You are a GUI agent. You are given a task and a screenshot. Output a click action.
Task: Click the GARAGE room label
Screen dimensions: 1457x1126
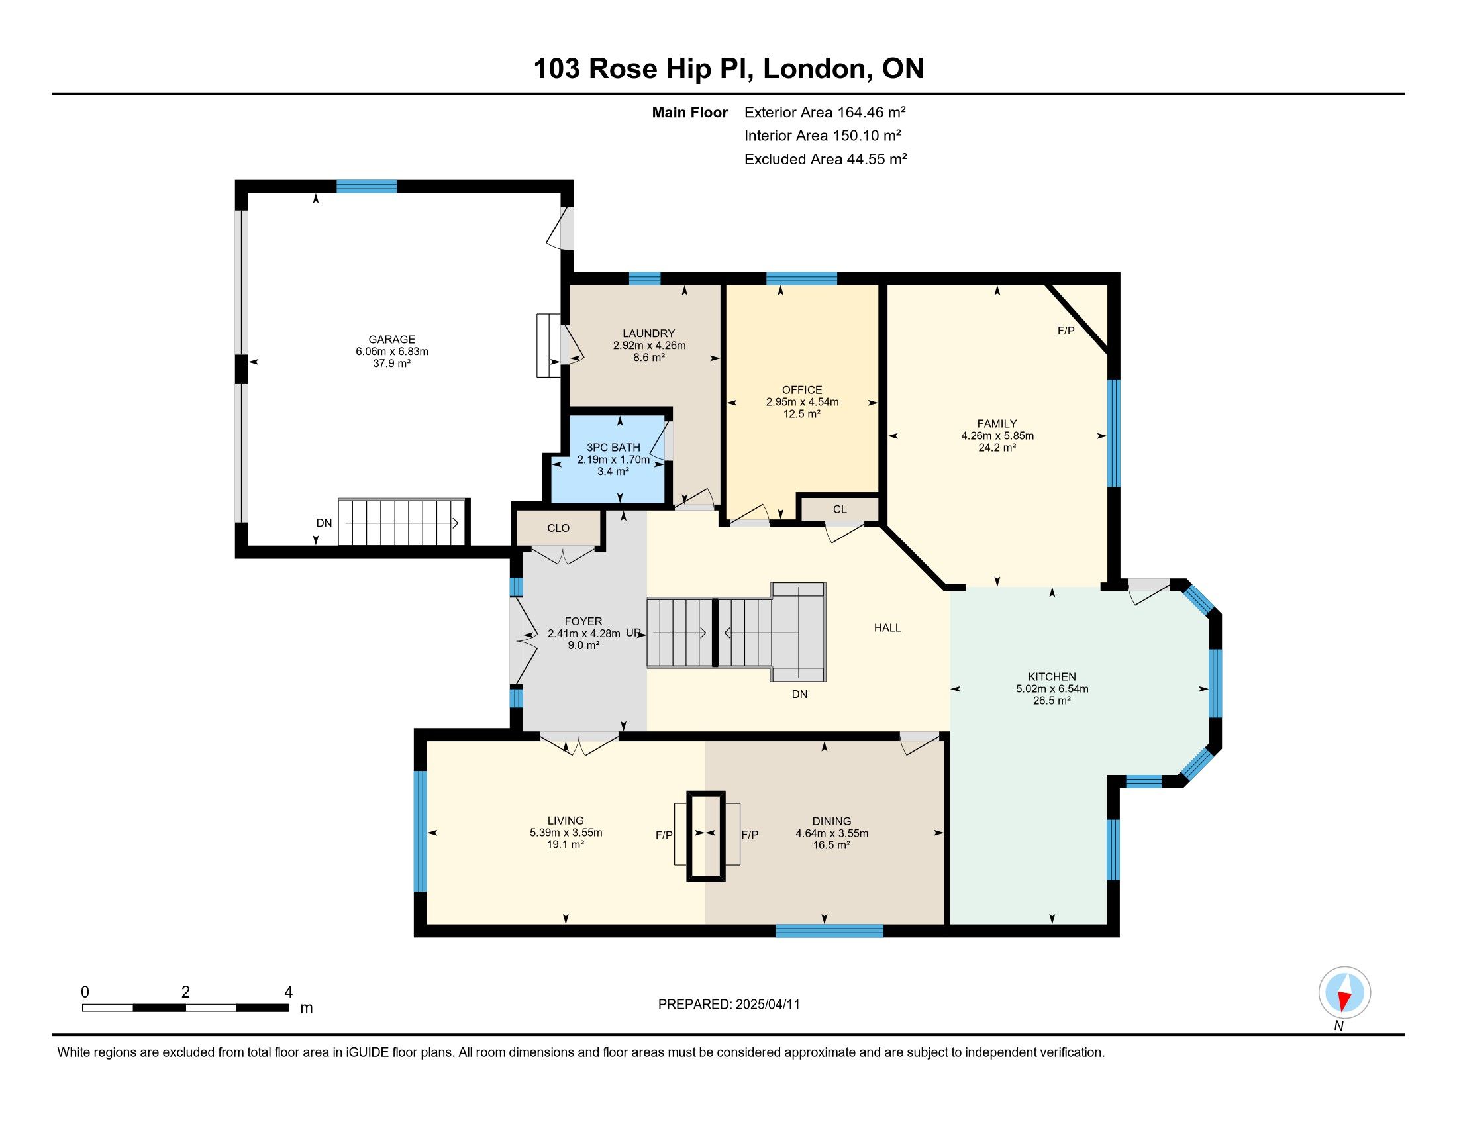point(391,340)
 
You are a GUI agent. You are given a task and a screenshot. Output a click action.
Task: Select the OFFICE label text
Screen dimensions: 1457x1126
point(802,390)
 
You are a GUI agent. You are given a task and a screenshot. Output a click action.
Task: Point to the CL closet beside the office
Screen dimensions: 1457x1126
point(839,509)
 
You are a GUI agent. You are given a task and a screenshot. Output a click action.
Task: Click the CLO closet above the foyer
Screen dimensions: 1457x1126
point(558,529)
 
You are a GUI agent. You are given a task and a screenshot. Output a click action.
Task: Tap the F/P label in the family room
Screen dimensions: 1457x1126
point(1066,331)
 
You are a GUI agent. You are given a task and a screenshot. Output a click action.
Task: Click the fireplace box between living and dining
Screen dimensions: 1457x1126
point(707,837)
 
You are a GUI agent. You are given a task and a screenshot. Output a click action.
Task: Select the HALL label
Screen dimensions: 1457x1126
point(887,628)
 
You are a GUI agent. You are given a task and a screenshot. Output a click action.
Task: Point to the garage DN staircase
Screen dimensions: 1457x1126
point(401,523)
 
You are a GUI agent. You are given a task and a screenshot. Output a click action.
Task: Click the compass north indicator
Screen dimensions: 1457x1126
point(1344,993)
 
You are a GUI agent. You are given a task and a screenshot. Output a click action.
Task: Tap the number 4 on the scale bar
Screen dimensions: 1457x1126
point(288,992)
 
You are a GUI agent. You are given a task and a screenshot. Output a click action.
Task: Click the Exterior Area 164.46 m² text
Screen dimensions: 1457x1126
point(825,112)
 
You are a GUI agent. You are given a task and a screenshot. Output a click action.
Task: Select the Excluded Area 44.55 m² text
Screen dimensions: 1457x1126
point(825,159)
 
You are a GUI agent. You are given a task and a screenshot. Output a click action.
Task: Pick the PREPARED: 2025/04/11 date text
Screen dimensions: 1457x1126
point(728,1005)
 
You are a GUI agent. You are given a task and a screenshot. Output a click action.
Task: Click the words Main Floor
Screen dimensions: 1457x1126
point(690,112)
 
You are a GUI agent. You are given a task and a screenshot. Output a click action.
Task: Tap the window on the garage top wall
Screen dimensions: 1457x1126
point(366,186)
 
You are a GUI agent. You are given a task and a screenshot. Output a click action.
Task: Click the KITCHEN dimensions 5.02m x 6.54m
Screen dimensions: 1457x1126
point(1052,689)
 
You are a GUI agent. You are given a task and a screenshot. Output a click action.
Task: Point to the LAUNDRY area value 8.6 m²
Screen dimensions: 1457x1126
point(649,358)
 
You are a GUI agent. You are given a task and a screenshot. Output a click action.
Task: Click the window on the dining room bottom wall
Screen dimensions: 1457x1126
point(829,931)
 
